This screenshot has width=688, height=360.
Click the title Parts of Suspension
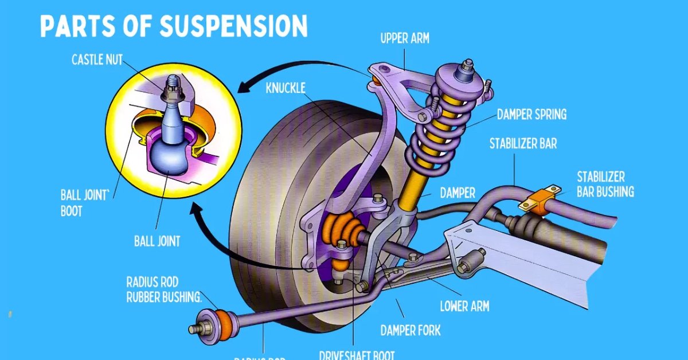click(174, 26)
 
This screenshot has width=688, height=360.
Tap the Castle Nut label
click(97, 60)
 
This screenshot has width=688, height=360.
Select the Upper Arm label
click(405, 39)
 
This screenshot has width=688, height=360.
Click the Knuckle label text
click(286, 88)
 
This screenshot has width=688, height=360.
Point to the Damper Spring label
click(531, 114)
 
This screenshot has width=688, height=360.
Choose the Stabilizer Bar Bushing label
click(605, 183)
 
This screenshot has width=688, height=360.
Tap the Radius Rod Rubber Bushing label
click(164, 289)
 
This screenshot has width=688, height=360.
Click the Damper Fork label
click(411, 330)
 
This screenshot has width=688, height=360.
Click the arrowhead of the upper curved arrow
click(244, 87)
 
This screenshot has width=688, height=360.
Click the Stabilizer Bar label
click(523, 143)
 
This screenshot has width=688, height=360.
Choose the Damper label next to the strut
click(458, 193)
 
